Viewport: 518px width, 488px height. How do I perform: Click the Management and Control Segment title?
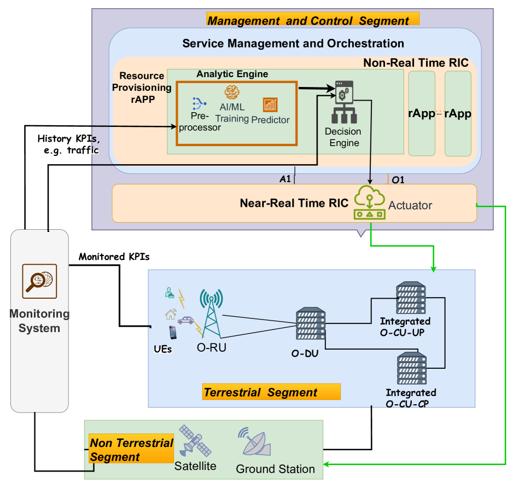(312, 21)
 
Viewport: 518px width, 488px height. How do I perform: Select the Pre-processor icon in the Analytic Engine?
(198, 103)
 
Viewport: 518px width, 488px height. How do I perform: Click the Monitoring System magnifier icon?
(39, 281)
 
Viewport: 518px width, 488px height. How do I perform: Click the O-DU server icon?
(310, 327)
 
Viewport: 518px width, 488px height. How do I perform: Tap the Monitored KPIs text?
(114, 256)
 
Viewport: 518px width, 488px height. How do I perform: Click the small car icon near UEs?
(185, 320)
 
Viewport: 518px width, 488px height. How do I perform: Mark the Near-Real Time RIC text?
(294, 204)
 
